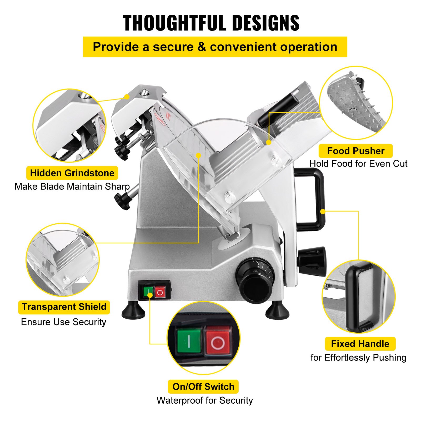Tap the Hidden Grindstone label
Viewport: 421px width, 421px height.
[x=72, y=173]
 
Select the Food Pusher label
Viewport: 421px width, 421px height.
[x=355, y=151]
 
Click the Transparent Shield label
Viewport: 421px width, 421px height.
[x=64, y=307]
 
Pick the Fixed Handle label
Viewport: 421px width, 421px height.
[x=360, y=344]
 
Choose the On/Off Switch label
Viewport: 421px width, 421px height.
[x=203, y=387]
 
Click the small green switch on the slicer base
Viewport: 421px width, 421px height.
[x=148, y=291]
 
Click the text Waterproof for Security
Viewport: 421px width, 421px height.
[x=205, y=400]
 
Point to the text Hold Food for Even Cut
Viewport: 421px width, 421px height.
[x=358, y=164]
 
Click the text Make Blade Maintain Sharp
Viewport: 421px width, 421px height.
[x=72, y=187]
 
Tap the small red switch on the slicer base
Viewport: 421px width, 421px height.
[x=160, y=292]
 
